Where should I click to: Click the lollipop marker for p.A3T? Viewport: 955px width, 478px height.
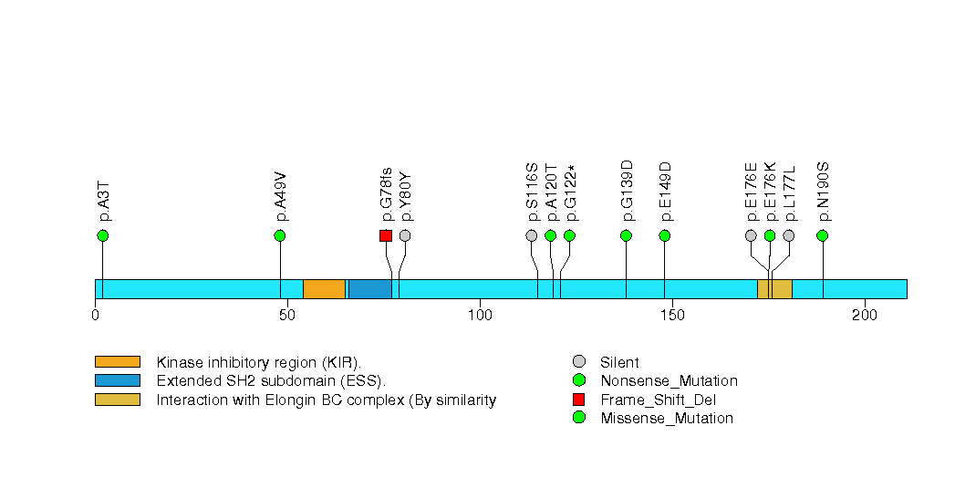click(102, 235)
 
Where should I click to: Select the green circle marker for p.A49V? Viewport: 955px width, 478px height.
click(280, 235)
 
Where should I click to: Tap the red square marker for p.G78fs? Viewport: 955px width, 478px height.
click(386, 235)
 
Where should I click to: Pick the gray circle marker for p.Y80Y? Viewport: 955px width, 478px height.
click(405, 235)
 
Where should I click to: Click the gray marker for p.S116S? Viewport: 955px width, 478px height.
click(532, 235)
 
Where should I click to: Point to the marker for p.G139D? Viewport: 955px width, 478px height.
click(626, 235)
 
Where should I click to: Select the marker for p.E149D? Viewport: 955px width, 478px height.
click(664, 235)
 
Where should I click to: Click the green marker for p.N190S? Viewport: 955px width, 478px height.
click(823, 235)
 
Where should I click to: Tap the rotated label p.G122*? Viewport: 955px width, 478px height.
click(570, 192)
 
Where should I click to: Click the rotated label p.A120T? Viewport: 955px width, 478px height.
click(551, 192)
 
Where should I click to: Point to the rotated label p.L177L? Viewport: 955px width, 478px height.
click(790, 192)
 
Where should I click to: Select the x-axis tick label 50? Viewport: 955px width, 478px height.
click(287, 316)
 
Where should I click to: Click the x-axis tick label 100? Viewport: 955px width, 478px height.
click(480, 316)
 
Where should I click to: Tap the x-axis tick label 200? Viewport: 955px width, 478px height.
click(864, 316)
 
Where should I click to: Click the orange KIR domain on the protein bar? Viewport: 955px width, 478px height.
click(324, 288)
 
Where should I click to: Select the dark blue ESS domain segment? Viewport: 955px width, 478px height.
click(369, 288)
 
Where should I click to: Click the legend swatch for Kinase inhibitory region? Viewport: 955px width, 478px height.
click(117, 362)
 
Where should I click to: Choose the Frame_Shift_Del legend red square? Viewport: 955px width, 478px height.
click(578, 400)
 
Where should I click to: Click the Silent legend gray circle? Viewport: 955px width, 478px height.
click(578, 362)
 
